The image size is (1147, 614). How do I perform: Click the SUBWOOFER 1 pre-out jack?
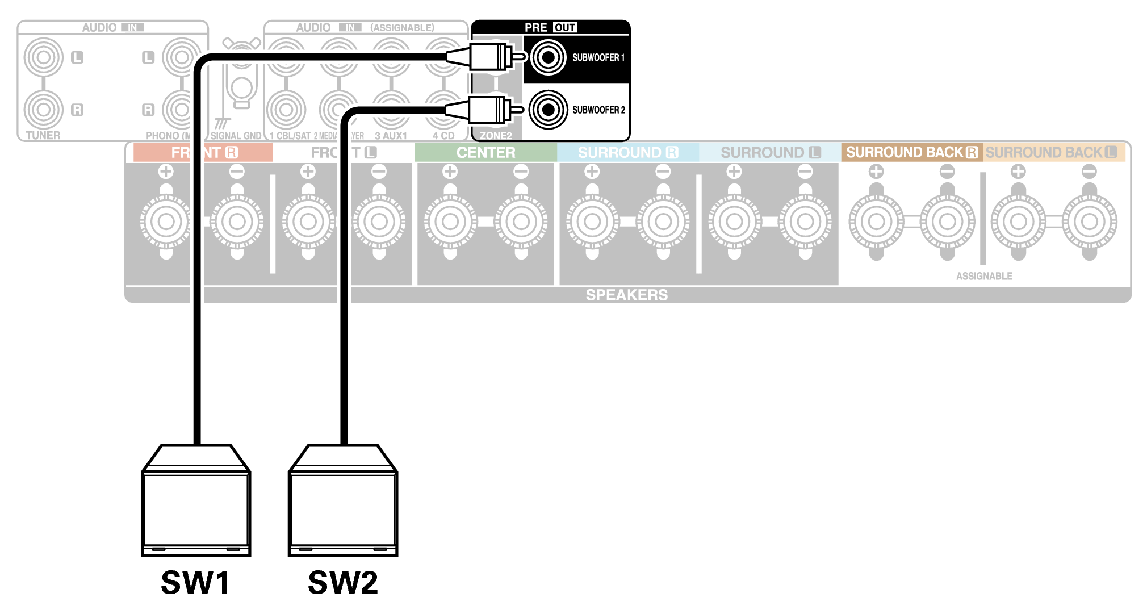click(x=549, y=57)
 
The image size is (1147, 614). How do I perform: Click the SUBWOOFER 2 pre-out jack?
click(x=549, y=110)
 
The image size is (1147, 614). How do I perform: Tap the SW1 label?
click(x=195, y=582)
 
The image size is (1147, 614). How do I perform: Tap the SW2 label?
click(x=342, y=582)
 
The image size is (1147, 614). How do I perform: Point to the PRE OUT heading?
click(x=550, y=27)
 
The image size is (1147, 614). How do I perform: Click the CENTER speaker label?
click(x=486, y=152)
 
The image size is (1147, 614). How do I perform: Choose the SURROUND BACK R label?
click(x=911, y=152)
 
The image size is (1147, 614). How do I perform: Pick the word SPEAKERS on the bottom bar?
click(x=626, y=295)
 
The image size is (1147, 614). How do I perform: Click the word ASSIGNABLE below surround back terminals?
click(x=984, y=276)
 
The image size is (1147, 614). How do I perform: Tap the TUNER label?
click(x=43, y=135)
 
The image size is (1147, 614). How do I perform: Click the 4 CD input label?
click(x=443, y=136)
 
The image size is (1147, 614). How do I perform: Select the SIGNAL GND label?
click(x=236, y=136)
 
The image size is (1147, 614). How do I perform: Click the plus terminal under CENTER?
click(x=450, y=222)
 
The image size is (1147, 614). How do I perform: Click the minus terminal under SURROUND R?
click(x=663, y=222)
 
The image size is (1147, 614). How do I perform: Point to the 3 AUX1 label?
click(x=391, y=136)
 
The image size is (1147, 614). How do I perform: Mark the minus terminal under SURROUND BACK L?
click(x=1089, y=222)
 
